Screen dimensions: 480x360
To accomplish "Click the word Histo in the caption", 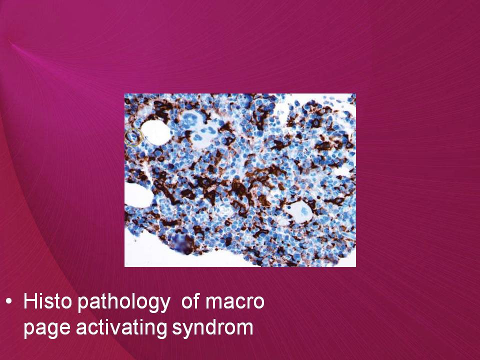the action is point(47,301).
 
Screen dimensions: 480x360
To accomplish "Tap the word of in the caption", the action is point(190,301).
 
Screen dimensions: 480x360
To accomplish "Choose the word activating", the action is point(121,327).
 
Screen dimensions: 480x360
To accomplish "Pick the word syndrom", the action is point(212,327).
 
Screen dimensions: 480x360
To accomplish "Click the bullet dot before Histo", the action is point(9,302).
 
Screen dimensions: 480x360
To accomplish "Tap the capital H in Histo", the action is point(30,301).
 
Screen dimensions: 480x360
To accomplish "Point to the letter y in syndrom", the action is point(187,330).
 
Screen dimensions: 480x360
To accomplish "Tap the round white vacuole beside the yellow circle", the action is point(155,132).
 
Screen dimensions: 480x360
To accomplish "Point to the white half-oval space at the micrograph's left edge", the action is point(138,195).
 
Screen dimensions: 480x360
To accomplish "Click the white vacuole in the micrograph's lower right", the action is point(298,211).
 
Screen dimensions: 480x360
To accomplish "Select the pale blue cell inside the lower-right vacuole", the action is point(303,210).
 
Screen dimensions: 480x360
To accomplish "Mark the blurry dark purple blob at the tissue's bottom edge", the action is point(183,244).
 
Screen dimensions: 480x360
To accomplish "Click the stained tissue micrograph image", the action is point(240,180).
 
